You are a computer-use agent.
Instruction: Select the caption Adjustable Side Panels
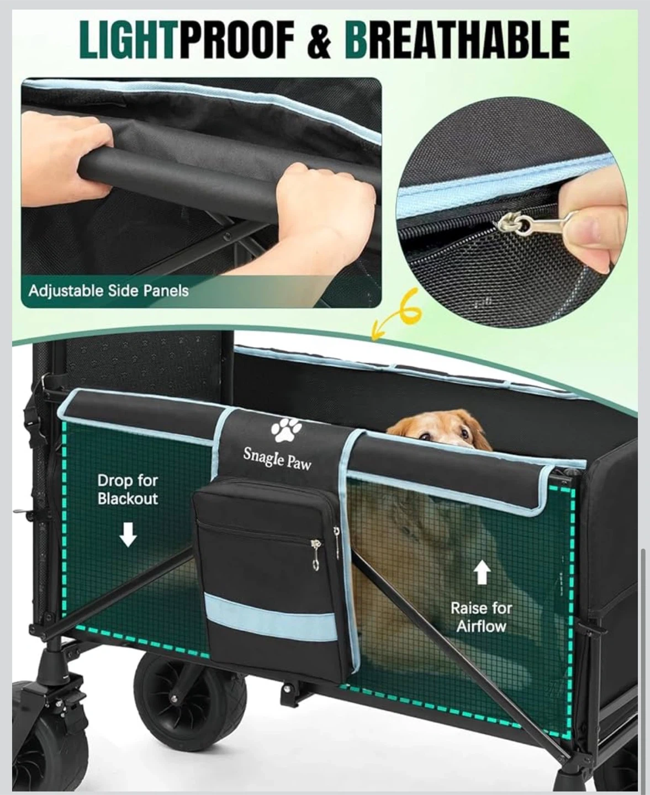click(109, 291)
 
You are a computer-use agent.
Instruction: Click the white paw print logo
click(287, 430)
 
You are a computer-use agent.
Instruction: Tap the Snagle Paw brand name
click(277, 459)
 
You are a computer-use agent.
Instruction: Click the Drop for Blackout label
click(128, 490)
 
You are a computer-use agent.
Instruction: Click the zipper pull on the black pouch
click(314, 555)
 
